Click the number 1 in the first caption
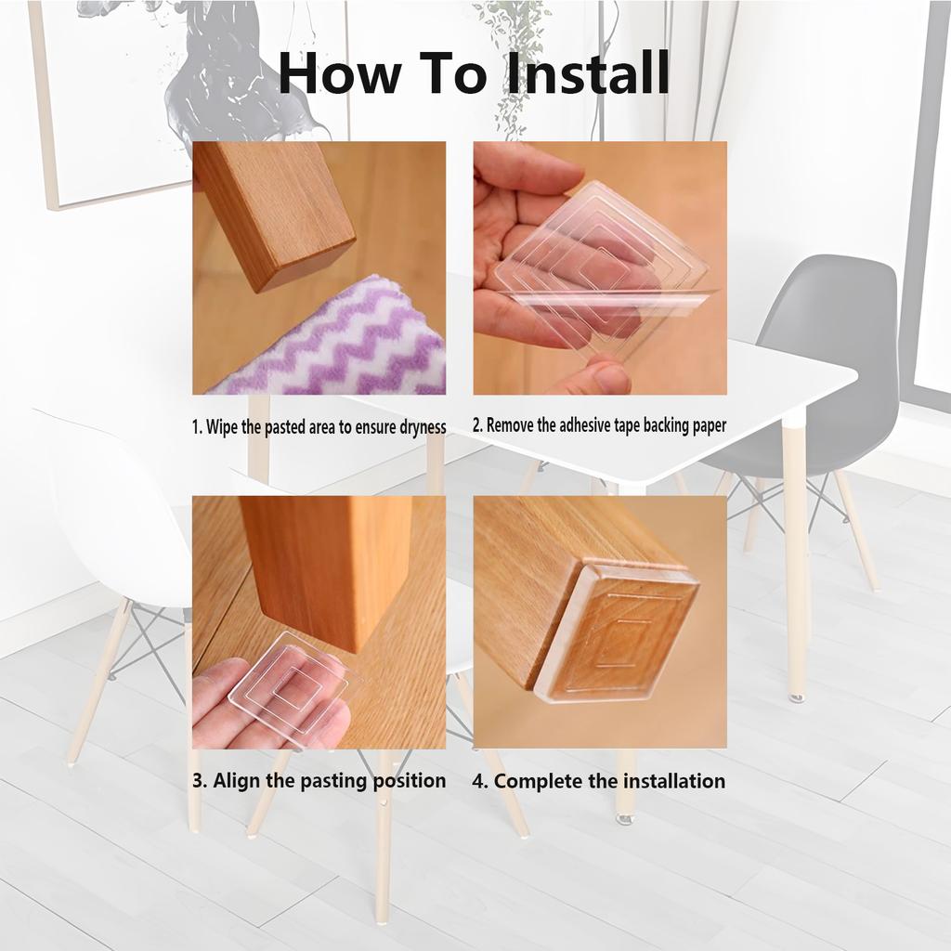click(x=196, y=427)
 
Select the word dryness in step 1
click(x=423, y=427)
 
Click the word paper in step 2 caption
click(x=709, y=426)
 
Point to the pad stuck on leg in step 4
click(x=616, y=634)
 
